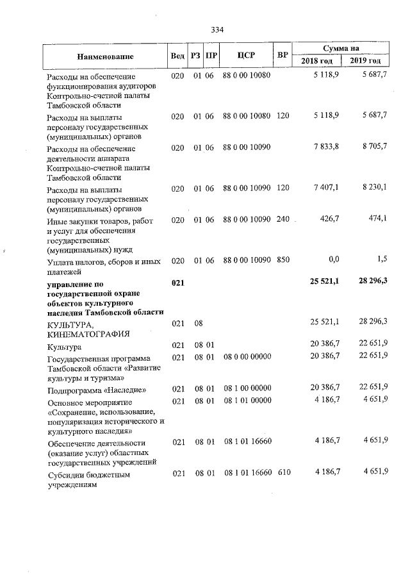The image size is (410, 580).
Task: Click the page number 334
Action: [217, 29]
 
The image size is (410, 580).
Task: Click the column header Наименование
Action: [105, 56]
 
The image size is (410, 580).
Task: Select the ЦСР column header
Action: [246, 55]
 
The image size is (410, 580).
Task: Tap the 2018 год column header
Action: [317, 61]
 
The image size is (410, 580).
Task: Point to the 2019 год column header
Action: [365, 61]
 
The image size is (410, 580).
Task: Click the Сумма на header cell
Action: [341, 49]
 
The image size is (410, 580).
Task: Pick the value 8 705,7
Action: [374, 147]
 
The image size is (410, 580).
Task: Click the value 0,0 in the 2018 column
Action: [333, 260]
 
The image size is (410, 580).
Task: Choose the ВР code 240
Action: [283, 220]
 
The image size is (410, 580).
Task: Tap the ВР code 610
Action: [283, 472]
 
